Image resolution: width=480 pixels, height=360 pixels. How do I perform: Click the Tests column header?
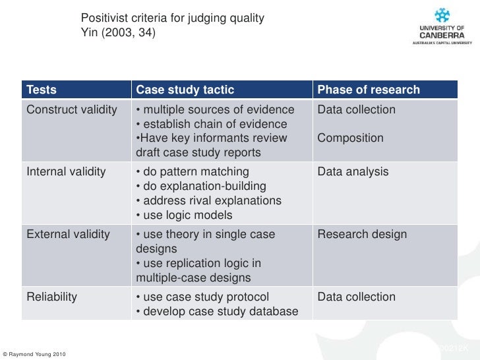pos(42,90)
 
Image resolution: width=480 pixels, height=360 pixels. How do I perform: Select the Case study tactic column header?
pos(185,90)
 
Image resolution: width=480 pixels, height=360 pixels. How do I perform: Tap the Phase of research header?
pos(369,90)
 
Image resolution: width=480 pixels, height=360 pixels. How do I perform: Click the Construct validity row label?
pos(72,109)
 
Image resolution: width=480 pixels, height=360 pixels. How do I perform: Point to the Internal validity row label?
pos(66,172)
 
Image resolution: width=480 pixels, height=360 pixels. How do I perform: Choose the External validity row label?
pos(68,235)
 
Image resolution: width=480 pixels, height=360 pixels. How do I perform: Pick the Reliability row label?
pos(51,297)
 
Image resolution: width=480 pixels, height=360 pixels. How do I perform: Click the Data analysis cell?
pos(353,172)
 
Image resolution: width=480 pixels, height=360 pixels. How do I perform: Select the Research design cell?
pos(362,235)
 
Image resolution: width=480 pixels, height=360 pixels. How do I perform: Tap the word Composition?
pos(350,138)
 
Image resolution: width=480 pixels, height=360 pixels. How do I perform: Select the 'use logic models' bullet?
pos(184,216)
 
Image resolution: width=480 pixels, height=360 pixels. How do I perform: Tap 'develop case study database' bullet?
pos(217,311)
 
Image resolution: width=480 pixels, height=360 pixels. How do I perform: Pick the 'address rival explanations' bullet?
pos(208,201)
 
